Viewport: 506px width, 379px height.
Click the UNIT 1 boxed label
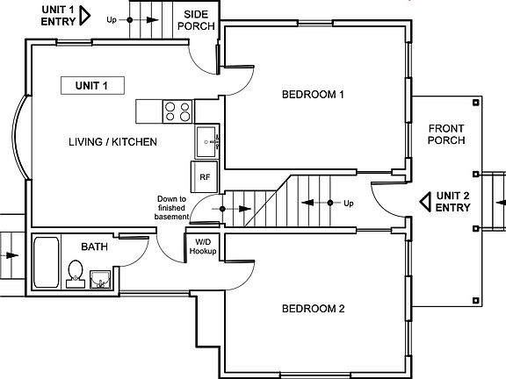click(x=92, y=85)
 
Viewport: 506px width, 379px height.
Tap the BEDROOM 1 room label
click(x=313, y=95)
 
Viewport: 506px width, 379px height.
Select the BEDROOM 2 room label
click(x=313, y=309)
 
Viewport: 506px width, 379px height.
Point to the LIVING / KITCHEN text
click(x=112, y=141)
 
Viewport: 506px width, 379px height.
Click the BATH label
click(x=94, y=247)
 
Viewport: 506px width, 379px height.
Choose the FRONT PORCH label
click(x=446, y=134)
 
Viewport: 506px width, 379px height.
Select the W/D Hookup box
click(x=202, y=247)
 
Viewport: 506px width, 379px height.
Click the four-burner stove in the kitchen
click(x=177, y=111)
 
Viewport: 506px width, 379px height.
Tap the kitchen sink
click(x=207, y=139)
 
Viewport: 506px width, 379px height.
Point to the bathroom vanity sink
click(x=101, y=280)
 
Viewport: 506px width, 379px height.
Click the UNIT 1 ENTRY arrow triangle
click(x=85, y=15)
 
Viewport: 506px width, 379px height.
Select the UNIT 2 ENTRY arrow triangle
click(x=425, y=203)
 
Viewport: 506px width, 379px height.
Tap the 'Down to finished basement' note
click(x=172, y=208)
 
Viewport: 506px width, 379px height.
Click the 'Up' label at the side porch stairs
click(x=112, y=19)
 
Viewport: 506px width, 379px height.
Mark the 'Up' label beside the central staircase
click(x=349, y=204)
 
